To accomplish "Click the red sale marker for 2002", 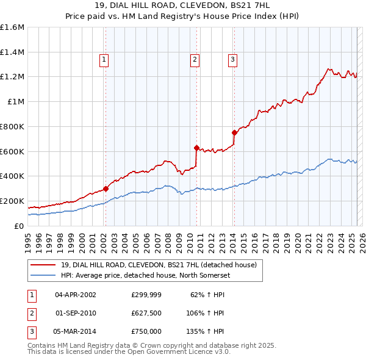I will pos(106,189).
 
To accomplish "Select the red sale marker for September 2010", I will pos(196,148).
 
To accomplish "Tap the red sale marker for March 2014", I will pos(234,132).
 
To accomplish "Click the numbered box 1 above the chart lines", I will pos(104,60).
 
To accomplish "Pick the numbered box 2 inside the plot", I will pos(194,60).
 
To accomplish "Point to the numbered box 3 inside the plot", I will pos(233,60).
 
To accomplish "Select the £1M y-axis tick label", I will pos(15,102).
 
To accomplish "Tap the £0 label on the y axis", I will pos(18,226).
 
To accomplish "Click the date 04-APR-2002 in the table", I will pos(76,295).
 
